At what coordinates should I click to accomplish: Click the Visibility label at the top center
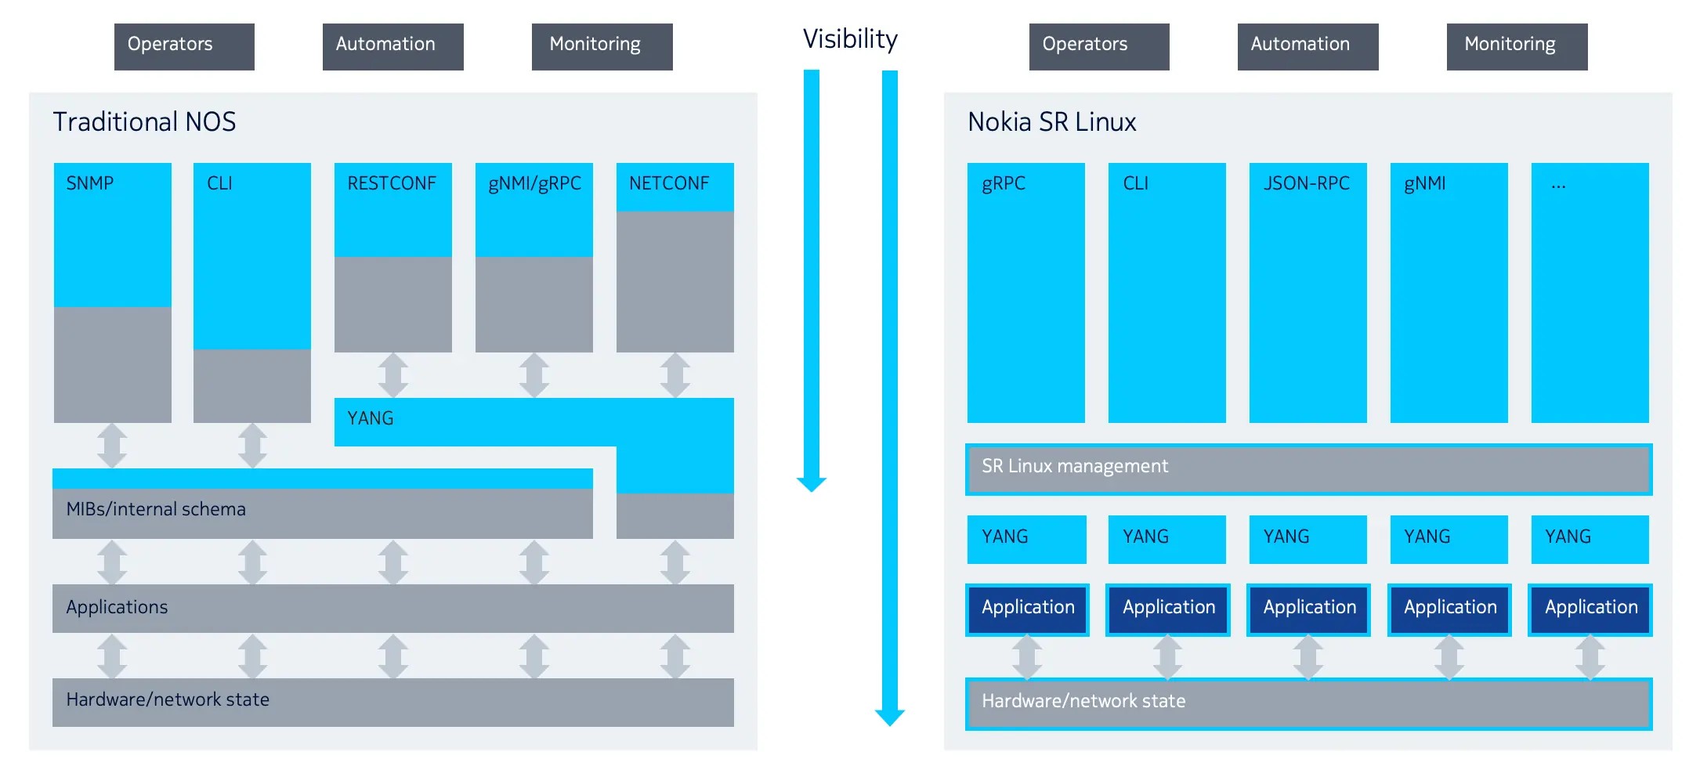850,39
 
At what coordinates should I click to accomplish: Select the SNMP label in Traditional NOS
89,183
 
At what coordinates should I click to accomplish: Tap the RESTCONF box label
392,183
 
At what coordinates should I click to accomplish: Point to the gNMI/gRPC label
534,183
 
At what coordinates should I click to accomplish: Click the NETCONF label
668,183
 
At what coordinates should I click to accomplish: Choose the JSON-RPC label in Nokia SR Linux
1306,183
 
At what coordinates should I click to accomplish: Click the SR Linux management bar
1308,468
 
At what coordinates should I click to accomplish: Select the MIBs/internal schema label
156,509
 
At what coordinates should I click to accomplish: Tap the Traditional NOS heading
144,122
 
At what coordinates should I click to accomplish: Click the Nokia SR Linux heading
1051,122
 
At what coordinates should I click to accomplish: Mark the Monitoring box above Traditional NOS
602,46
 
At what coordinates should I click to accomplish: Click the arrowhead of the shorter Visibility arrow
812,483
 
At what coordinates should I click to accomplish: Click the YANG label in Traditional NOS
370,418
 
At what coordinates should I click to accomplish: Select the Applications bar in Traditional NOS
392,608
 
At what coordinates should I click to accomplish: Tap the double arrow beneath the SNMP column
112,446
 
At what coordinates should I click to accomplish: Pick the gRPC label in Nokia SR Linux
1004,183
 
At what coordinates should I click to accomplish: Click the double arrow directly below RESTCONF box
392,375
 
